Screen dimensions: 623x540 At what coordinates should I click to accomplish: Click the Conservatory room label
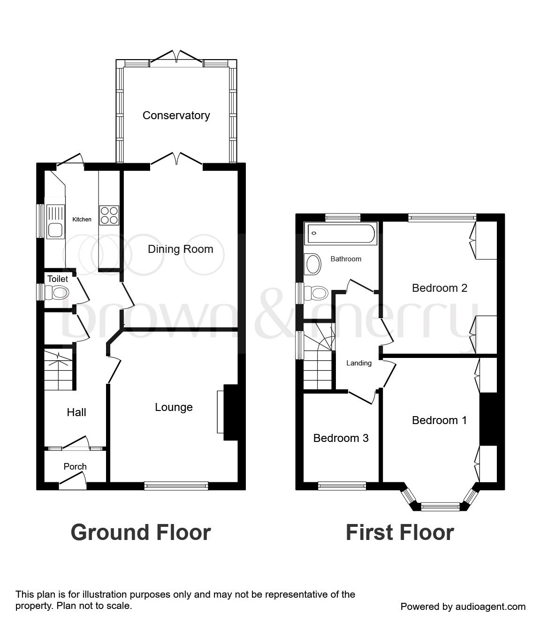click(x=176, y=115)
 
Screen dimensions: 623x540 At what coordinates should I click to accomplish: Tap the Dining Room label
click(x=180, y=249)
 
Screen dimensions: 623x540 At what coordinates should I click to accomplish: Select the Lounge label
click(x=174, y=407)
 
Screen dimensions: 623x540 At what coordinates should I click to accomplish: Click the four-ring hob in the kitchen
click(x=109, y=215)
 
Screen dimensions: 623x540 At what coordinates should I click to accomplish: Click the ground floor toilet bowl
click(x=60, y=293)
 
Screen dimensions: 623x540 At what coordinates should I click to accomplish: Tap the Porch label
click(x=75, y=466)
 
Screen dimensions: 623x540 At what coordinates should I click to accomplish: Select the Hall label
click(x=76, y=412)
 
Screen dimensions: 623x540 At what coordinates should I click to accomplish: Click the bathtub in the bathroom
click(x=341, y=233)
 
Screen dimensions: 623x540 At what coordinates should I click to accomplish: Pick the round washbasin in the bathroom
click(x=313, y=264)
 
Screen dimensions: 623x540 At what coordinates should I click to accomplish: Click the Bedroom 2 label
click(x=440, y=288)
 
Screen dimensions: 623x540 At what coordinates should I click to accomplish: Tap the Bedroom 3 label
click(x=341, y=438)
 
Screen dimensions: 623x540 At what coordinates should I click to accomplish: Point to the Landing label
click(x=359, y=363)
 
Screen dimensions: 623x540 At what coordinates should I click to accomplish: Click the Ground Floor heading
click(x=141, y=532)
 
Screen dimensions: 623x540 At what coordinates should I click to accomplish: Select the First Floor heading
click(x=400, y=532)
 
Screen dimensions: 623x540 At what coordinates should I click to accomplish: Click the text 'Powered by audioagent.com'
click(x=463, y=607)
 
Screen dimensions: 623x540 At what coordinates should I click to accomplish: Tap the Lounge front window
click(x=176, y=486)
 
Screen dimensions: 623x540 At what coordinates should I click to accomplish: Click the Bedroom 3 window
click(x=342, y=486)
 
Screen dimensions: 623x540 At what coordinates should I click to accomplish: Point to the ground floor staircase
click(x=59, y=370)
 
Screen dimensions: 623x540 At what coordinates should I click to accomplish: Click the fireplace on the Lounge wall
click(x=230, y=412)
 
